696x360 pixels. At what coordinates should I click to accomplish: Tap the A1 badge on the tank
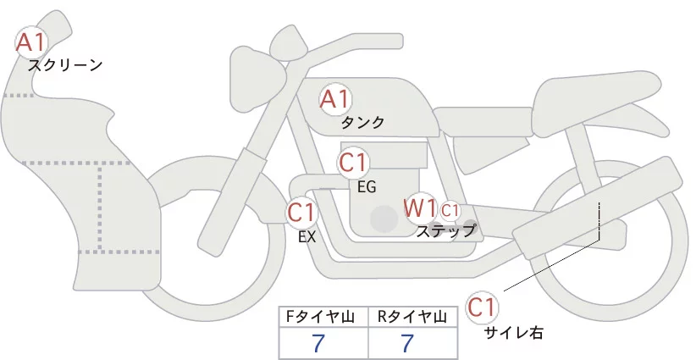click(334, 99)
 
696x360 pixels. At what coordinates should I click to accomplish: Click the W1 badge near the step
click(419, 208)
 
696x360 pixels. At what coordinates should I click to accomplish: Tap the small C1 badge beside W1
click(450, 209)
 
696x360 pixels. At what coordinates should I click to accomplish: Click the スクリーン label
click(65, 64)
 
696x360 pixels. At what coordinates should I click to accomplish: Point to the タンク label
click(362, 123)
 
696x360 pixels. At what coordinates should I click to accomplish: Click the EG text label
click(367, 186)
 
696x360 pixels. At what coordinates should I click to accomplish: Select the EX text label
click(307, 237)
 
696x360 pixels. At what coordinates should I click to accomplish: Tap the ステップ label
click(445, 230)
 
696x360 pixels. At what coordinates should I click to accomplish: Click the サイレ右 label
click(513, 333)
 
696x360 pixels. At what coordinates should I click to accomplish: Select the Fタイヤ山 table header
click(323, 317)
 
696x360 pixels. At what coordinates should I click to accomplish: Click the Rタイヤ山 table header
click(414, 317)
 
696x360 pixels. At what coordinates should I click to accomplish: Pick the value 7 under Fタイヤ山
click(318, 344)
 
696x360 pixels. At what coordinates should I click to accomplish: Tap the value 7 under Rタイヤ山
click(407, 344)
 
